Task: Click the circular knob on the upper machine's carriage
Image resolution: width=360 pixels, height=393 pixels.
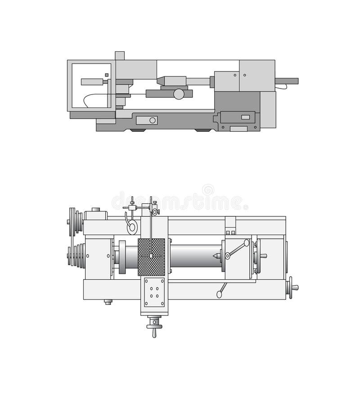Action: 179,94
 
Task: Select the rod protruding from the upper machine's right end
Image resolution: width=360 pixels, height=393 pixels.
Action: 287,81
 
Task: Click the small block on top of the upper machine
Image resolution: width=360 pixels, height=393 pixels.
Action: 120,55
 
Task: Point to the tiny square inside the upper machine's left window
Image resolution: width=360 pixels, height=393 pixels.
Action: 107,75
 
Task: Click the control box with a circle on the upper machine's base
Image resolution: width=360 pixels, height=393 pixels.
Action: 147,120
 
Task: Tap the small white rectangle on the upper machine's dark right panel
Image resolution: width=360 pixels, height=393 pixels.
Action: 245,117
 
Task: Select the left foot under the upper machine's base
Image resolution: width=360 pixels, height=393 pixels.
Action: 137,130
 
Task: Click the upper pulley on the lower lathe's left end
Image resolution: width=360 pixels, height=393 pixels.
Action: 74,221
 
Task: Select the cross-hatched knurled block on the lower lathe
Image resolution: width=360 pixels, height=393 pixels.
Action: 151,257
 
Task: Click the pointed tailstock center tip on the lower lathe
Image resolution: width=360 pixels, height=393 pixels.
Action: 216,256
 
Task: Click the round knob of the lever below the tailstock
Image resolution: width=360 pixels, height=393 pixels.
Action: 219,295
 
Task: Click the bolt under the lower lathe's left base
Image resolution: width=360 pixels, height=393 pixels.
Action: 108,302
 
